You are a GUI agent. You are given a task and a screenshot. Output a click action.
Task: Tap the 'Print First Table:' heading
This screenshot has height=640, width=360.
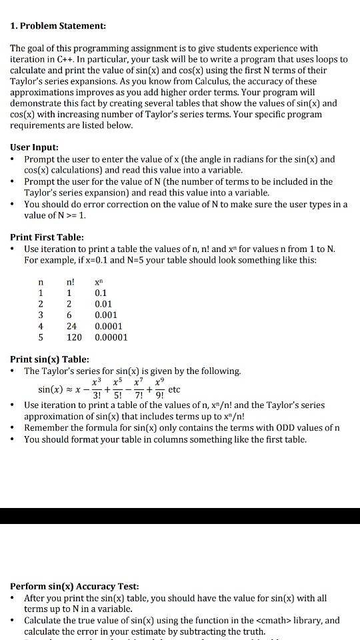click(x=47, y=237)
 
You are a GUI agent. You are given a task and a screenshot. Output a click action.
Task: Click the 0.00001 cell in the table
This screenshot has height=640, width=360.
click(x=111, y=337)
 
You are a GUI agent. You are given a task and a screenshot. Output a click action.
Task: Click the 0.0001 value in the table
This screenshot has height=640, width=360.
click(x=109, y=326)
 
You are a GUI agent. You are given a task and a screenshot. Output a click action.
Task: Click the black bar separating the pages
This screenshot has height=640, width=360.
click(x=180, y=516)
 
